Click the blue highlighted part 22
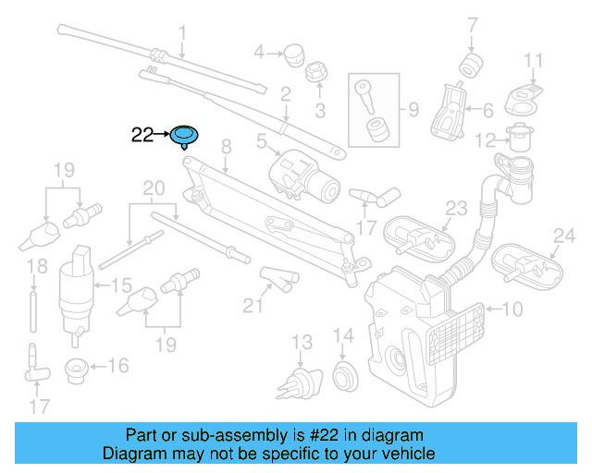click(185, 137)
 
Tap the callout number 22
click(142, 135)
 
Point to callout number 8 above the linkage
click(224, 146)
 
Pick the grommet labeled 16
click(76, 370)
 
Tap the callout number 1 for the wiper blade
click(182, 33)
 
